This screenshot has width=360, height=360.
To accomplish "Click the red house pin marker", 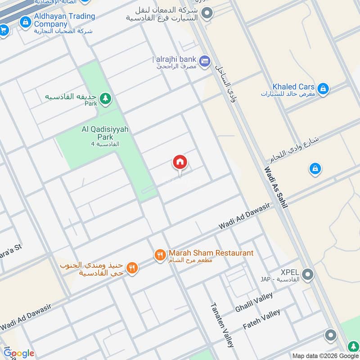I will click(180, 162).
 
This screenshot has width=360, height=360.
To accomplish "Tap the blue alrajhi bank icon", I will click(205, 61).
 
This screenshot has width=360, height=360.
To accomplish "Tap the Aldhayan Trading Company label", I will click(64, 20).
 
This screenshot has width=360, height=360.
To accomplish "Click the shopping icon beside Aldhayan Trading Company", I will click(27, 20).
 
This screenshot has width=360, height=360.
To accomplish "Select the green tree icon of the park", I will click(105, 98).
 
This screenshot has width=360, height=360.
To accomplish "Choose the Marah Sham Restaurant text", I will click(211, 253).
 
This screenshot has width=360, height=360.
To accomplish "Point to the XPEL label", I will click(290, 272).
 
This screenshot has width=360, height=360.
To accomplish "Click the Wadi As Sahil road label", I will click(275, 187).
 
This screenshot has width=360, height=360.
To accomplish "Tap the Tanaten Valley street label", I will click(223, 324).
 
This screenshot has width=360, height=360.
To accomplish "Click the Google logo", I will click(19, 353).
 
